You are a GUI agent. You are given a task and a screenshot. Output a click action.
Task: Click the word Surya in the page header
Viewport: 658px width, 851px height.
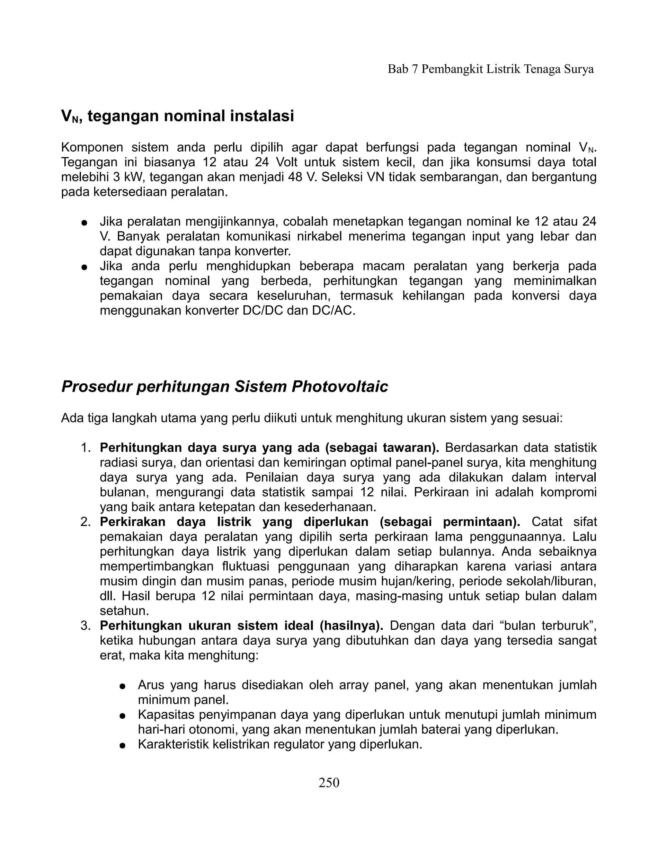point(578,69)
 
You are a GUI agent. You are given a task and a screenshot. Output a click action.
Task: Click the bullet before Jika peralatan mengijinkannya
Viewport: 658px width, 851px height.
point(84,223)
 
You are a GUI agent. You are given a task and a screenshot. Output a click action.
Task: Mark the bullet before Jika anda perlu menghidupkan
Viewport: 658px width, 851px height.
point(84,267)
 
